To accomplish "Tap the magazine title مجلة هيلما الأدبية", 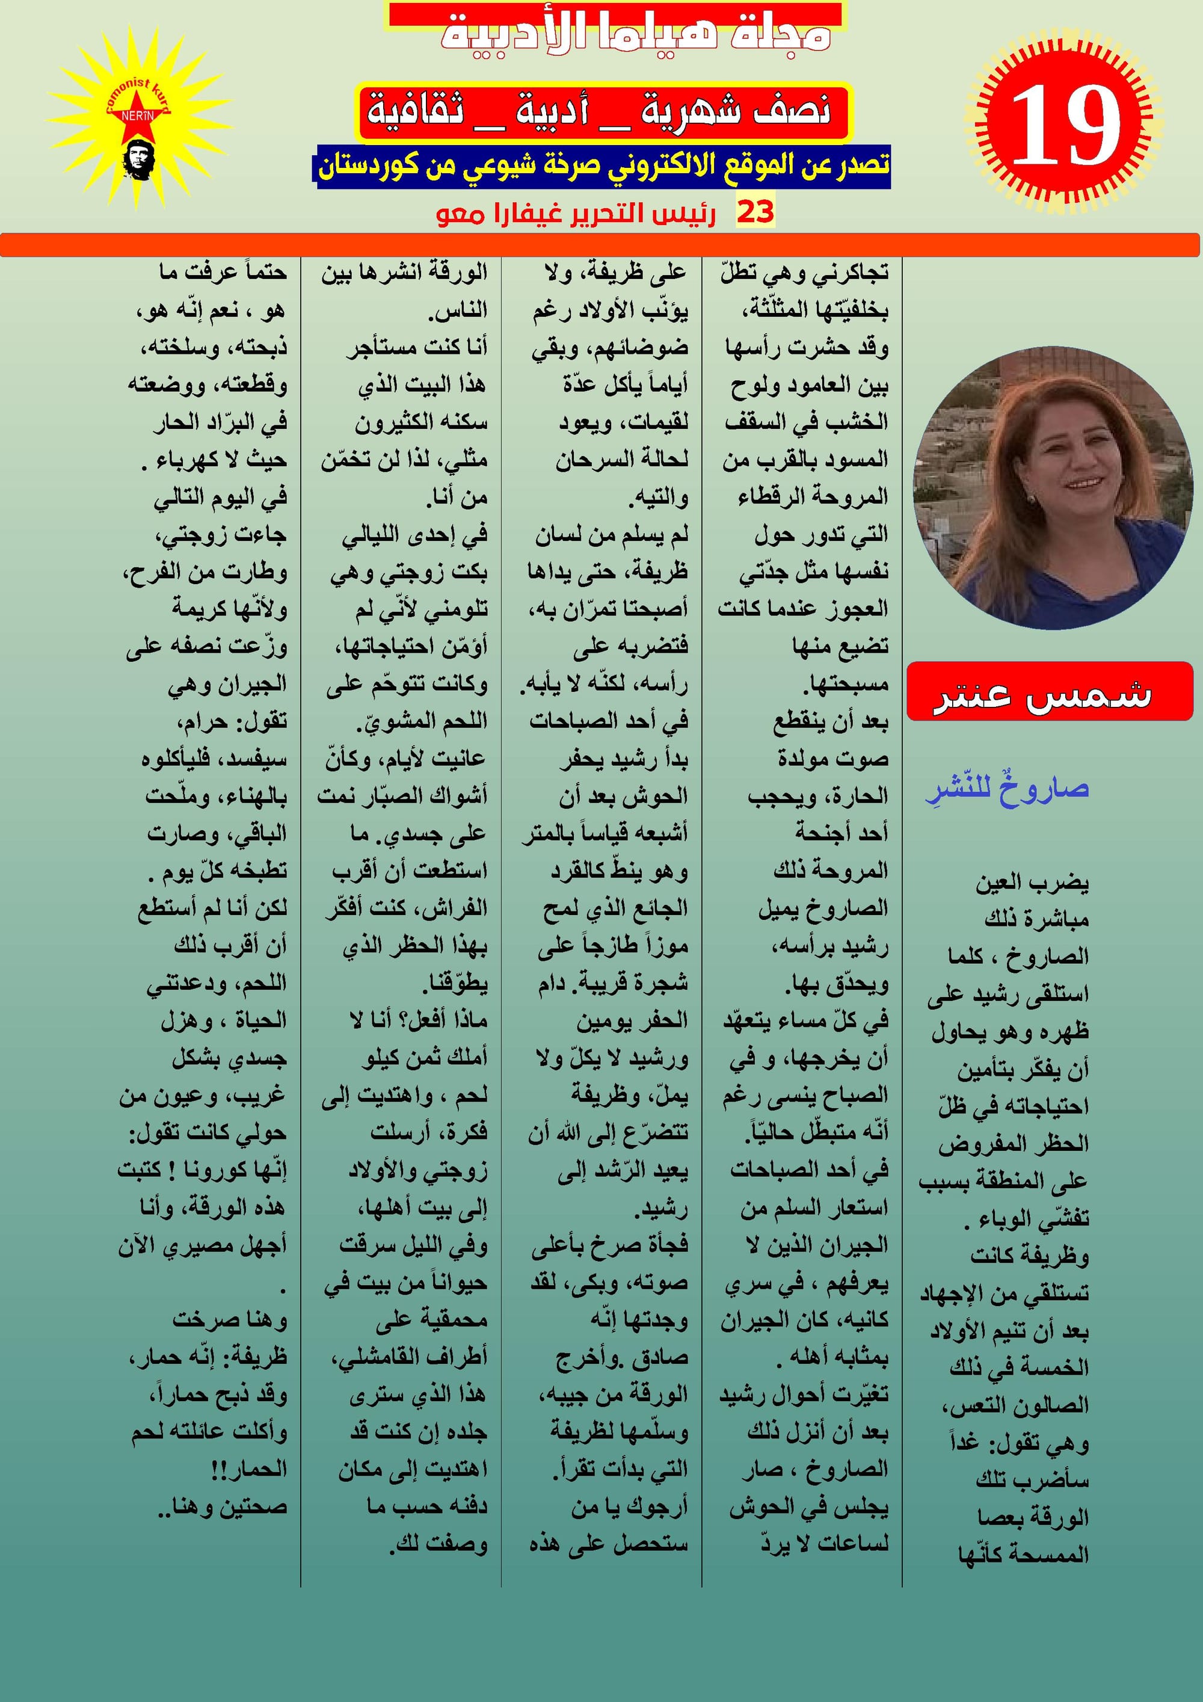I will [635, 33].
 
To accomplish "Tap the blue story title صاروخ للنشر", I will [1008, 789].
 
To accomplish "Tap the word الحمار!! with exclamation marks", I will [248, 1469].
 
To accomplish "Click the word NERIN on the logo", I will [138, 116].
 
